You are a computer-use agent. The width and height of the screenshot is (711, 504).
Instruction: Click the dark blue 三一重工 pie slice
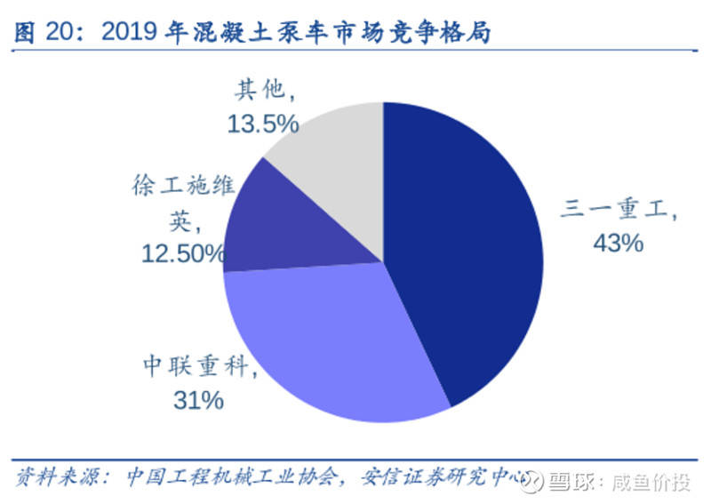pyautogui.click(x=462, y=249)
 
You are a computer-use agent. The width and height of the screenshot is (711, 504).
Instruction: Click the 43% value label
pyautogui.click(x=618, y=242)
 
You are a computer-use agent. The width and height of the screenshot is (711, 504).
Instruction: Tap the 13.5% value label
pyautogui.click(x=262, y=124)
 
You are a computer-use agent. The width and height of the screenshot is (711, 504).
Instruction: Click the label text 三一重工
pyautogui.click(x=618, y=211)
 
